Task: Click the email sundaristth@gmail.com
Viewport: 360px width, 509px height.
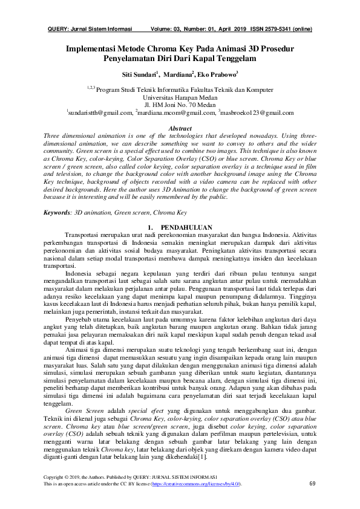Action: coord(100,112)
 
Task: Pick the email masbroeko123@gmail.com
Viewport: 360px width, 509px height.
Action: coord(257,112)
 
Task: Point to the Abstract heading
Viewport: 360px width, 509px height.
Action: coord(180,129)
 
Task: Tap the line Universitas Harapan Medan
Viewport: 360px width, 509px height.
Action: coord(180,96)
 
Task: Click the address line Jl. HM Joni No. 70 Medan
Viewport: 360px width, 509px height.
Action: coord(180,104)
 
